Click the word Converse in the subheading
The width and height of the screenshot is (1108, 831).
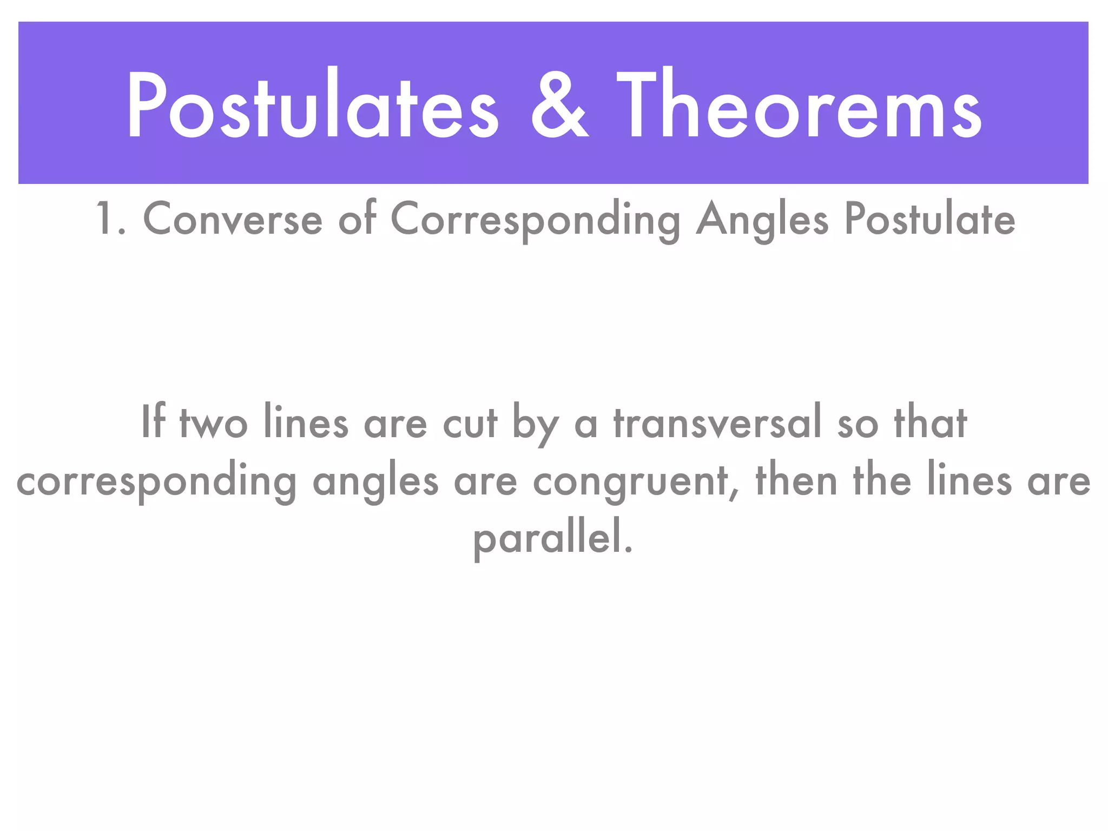232,219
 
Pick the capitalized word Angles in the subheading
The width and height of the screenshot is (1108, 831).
762,220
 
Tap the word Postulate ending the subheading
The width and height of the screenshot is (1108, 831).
929,219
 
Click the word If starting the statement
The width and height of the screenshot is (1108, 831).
153,421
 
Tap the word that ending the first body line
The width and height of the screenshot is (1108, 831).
930,421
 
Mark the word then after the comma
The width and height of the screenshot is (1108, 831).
796,479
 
